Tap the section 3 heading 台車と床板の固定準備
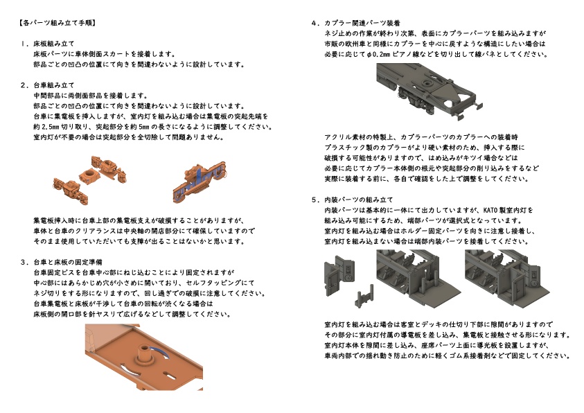coord(68,262)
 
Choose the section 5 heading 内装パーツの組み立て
coord(358,199)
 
